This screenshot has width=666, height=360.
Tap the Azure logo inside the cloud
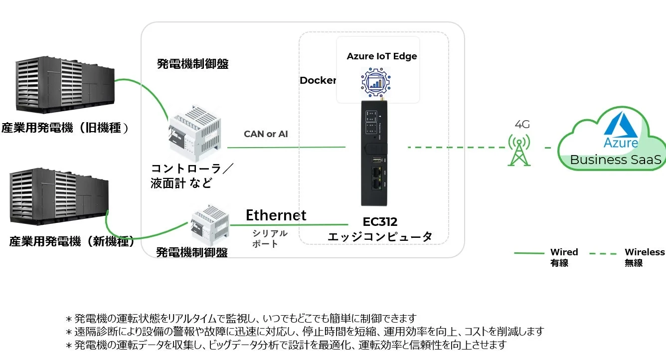[x=620, y=131]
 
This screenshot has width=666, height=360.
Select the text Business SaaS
[x=615, y=160]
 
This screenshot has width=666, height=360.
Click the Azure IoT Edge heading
[x=382, y=56]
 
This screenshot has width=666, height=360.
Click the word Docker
[x=318, y=80]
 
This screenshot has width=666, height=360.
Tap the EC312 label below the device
[x=379, y=222]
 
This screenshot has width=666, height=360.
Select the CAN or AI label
[x=266, y=134]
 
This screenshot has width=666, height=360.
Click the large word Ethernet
[x=276, y=215]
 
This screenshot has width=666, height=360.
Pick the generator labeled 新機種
[x=59, y=198]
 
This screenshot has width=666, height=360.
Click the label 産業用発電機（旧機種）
[x=65, y=128]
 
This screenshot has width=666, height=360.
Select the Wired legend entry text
[x=564, y=252]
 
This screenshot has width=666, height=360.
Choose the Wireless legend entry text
[x=645, y=252]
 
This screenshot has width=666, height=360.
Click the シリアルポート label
[x=269, y=238]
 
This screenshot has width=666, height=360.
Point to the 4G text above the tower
[x=521, y=124]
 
